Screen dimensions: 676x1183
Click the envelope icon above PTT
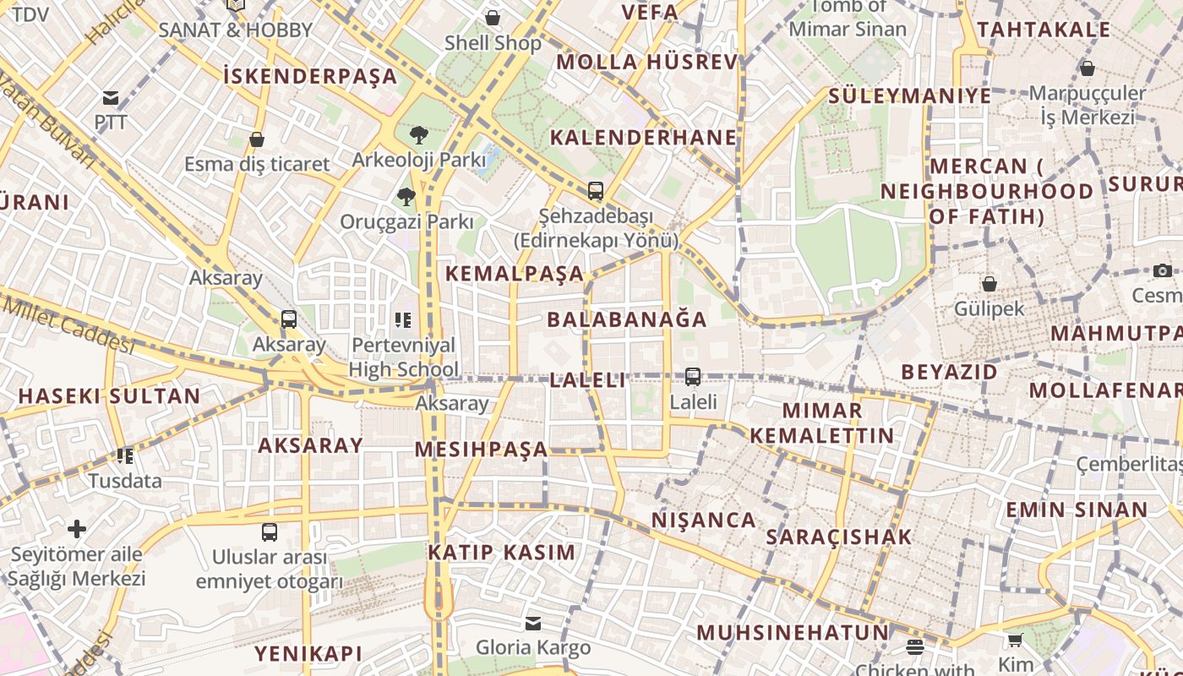point(111,98)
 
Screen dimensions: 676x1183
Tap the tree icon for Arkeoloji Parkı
point(418,134)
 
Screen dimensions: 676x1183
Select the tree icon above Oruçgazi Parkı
point(406,197)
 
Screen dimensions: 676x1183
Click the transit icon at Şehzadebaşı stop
point(596,191)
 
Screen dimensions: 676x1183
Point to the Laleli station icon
point(693,377)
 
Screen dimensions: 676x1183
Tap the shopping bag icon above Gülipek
point(989,284)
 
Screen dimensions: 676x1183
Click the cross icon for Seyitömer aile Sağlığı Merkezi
point(77,529)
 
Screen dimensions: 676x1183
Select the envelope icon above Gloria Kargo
point(533,624)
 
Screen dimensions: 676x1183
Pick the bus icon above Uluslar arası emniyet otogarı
point(270,532)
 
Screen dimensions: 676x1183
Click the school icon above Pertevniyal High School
point(403,319)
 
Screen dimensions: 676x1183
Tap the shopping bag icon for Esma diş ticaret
point(257,139)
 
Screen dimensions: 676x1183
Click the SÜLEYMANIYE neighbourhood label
point(909,95)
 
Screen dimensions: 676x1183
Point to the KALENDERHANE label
point(643,137)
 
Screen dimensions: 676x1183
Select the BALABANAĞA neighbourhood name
point(627,319)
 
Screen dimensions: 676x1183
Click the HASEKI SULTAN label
point(109,395)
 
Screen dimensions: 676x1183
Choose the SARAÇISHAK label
point(839,537)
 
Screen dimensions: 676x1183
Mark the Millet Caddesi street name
point(68,324)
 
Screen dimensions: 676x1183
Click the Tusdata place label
point(125,481)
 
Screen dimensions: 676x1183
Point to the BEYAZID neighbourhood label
point(949,372)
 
